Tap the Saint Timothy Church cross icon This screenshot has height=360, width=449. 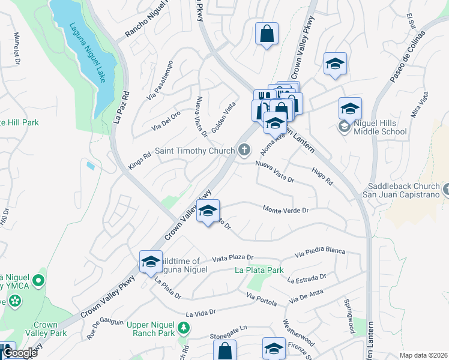pyautogui.click(x=244, y=150)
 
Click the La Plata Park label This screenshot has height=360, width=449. pyautogui.click(x=259, y=270)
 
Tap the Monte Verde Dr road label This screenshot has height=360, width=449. pyautogui.click(x=285, y=209)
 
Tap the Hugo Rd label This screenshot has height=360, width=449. pyautogui.click(x=322, y=176)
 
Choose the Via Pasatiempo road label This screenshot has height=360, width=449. pyautogui.click(x=160, y=79)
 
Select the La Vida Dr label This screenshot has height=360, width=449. pyautogui.click(x=200, y=313)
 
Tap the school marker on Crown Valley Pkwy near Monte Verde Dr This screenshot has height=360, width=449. pyautogui.click(x=208, y=211)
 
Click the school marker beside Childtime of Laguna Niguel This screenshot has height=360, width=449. pyautogui.click(x=150, y=262)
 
